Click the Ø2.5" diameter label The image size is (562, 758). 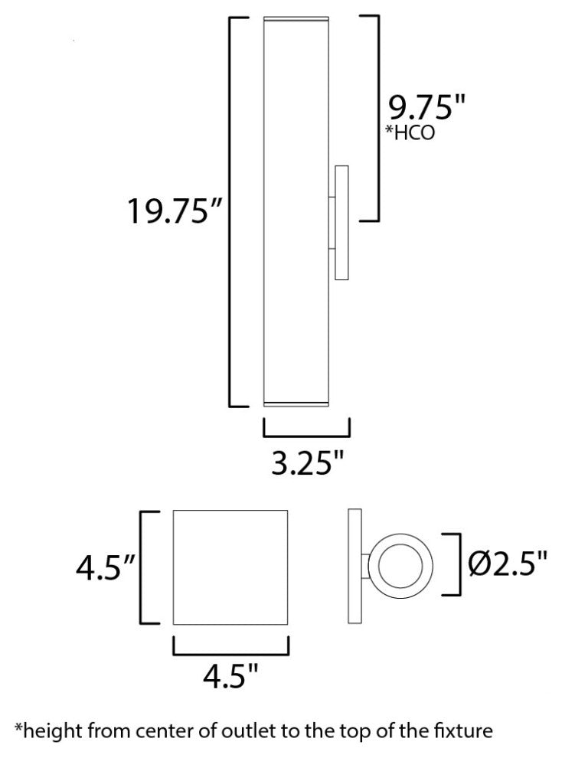pos(508,565)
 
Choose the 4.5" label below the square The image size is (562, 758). pos(230,675)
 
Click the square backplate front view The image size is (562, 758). pos(230,567)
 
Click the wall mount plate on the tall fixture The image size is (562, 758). pos(341,222)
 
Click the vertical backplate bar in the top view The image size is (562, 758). pos(355,567)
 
